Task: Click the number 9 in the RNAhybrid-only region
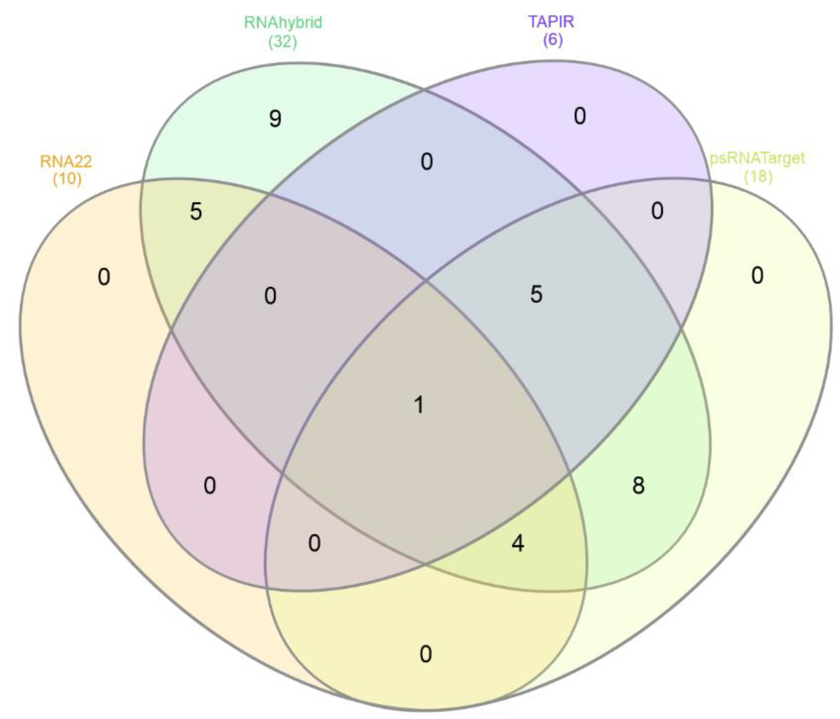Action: [x=275, y=119]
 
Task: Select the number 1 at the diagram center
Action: [x=419, y=405]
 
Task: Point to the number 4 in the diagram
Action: [x=518, y=544]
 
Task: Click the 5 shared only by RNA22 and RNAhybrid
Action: [x=196, y=211]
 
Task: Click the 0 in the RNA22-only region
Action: [x=104, y=277]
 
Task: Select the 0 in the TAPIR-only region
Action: [x=580, y=116]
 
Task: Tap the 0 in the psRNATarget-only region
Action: [x=757, y=275]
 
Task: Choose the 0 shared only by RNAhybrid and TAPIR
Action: [x=426, y=162]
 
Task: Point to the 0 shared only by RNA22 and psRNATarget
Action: [x=425, y=654]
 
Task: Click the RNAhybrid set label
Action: [x=283, y=22]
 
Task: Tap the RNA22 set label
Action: [x=66, y=161]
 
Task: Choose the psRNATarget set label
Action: [x=757, y=158]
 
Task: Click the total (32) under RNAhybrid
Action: [x=283, y=41]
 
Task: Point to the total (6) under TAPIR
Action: [x=553, y=40]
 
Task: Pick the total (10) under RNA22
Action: [x=67, y=178]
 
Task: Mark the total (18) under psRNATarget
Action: [x=758, y=177]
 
